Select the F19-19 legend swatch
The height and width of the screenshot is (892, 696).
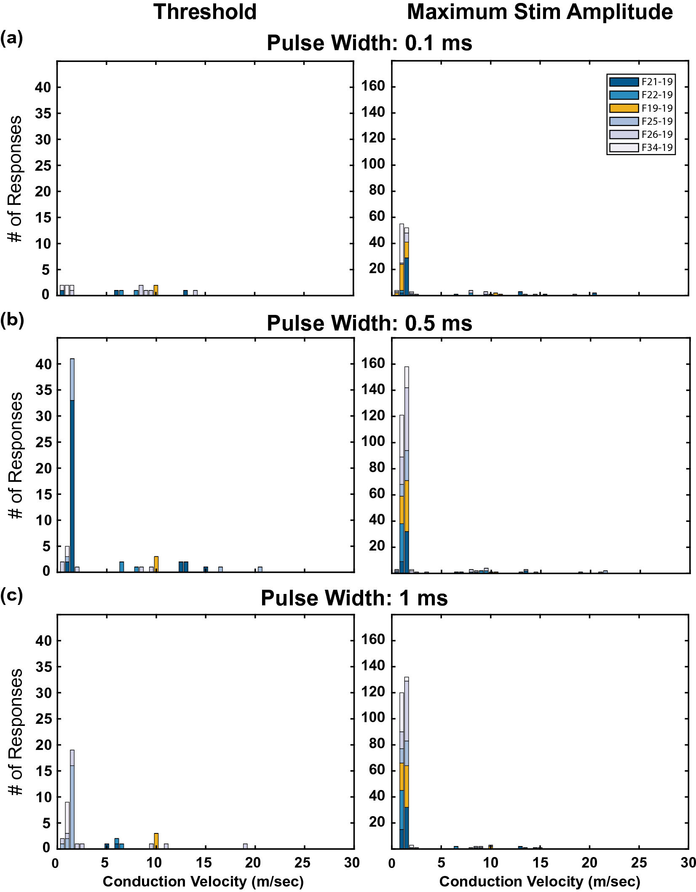(624, 108)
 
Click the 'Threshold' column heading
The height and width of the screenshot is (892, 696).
(205, 12)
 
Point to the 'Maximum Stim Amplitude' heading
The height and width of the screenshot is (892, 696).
(540, 12)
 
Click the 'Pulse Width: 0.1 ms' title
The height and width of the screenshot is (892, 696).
(369, 43)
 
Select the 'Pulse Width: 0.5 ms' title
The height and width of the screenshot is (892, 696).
(369, 323)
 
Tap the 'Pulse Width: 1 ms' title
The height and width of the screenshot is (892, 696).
(354, 598)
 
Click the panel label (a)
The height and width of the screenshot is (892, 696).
(11, 38)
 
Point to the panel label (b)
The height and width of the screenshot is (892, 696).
(12, 320)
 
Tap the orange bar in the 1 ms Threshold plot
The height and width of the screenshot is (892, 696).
(156, 840)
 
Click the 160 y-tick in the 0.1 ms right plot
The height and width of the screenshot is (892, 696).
(373, 86)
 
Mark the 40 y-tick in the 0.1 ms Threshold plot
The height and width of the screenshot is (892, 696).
(43, 87)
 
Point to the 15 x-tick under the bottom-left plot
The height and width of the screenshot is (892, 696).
(204, 863)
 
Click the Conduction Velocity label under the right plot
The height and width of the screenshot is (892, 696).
(540, 881)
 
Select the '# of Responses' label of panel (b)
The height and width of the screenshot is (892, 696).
(16, 455)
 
